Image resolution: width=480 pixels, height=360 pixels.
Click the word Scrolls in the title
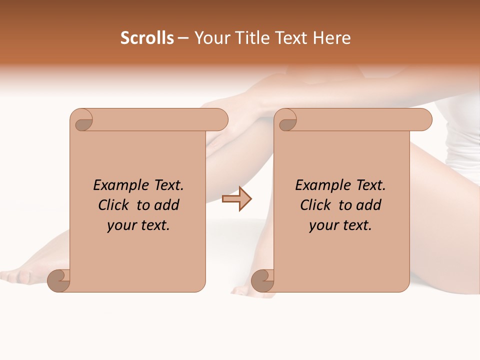(147, 38)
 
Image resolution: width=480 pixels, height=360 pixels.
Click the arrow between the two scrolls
(236, 199)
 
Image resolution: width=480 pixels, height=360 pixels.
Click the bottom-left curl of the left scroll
(57, 280)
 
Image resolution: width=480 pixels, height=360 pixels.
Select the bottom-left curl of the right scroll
(261, 280)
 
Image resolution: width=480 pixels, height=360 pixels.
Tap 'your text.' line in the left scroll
(138, 225)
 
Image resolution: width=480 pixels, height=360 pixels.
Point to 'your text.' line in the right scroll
(340, 225)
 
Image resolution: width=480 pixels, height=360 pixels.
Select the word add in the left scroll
(167, 205)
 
